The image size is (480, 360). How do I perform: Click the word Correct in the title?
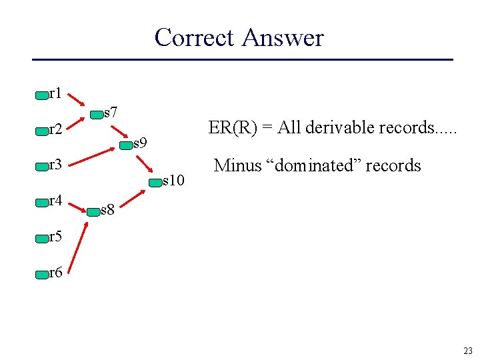coord(195,37)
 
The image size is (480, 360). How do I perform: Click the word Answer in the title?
coord(283,37)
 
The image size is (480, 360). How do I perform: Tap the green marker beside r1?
coord(42,95)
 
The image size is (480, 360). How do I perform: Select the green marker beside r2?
coord(42,131)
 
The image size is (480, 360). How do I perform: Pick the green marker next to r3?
coord(42,166)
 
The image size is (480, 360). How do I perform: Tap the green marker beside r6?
coord(42,273)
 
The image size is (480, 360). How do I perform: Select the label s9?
coord(140,143)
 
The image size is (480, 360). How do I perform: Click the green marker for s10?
coord(155,181)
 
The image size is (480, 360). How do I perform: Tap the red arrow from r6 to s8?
coord(79,247)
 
